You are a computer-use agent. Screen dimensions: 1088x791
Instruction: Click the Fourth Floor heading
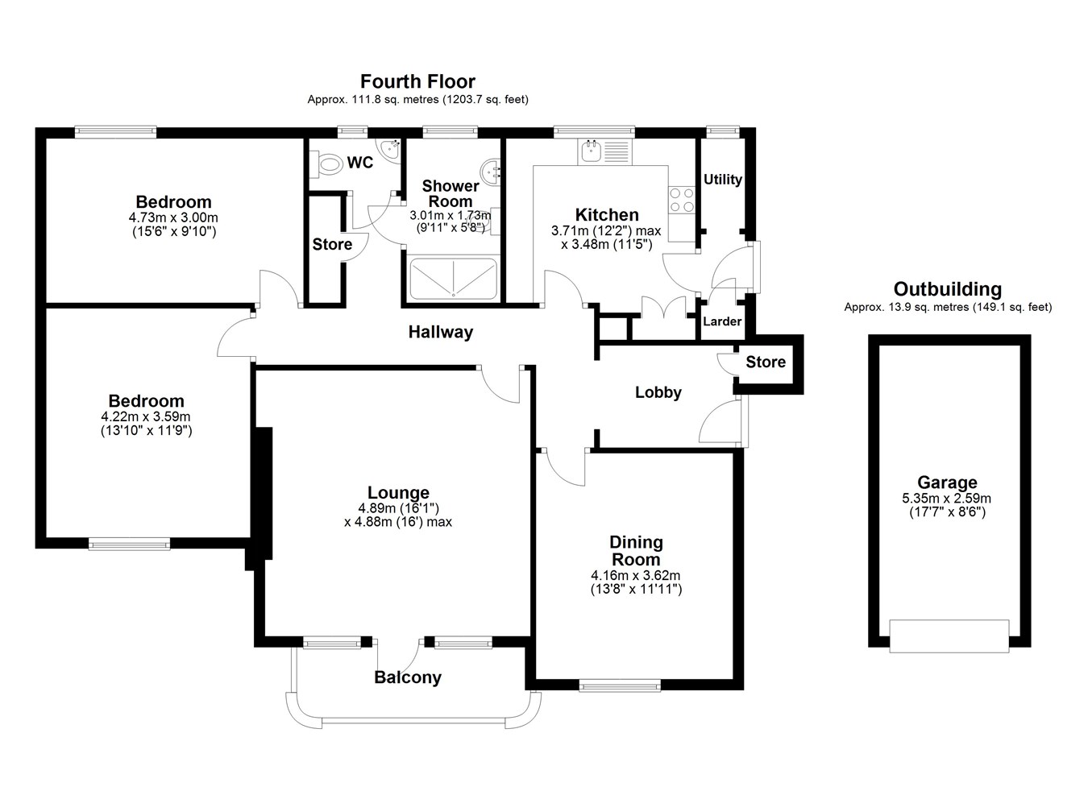click(417, 81)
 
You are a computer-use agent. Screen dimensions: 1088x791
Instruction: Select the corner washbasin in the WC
click(389, 148)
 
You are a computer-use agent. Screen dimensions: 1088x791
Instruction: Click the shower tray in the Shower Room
click(454, 279)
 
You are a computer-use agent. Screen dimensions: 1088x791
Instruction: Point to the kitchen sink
click(605, 151)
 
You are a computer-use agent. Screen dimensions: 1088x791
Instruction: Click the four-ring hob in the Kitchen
click(682, 200)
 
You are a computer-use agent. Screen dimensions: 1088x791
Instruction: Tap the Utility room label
click(723, 180)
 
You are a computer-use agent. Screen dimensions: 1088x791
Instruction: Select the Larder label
click(722, 321)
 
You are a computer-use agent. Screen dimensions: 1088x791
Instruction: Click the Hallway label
click(441, 332)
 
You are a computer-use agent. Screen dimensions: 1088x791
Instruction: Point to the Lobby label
click(658, 392)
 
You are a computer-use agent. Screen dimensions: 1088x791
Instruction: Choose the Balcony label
click(408, 677)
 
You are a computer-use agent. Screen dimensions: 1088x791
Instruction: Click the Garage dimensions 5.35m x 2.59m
click(947, 498)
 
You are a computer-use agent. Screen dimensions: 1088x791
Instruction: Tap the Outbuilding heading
click(948, 289)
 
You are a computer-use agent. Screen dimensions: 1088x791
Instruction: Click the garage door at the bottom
click(949, 636)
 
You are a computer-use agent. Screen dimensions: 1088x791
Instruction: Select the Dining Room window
click(620, 685)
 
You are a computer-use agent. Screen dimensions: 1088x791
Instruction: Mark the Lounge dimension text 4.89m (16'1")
click(398, 508)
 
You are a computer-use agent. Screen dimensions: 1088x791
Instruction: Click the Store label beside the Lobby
click(766, 362)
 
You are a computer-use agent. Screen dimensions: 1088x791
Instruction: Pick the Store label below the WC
click(332, 244)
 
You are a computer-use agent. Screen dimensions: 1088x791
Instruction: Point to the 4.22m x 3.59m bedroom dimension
click(146, 416)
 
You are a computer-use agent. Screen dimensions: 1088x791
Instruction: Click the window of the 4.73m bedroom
click(115, 131)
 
